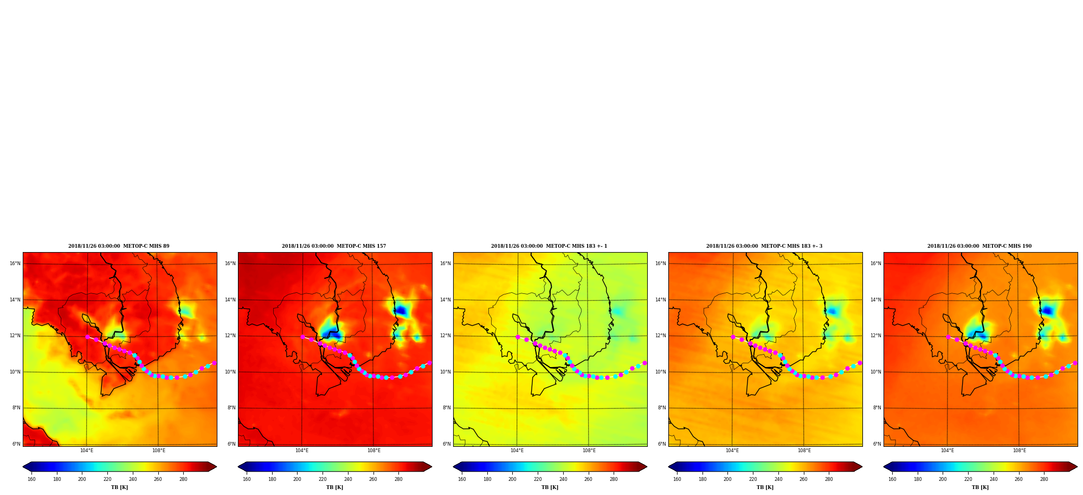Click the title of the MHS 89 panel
pyautogui.click(x=119, y=246)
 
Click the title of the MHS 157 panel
pyautogui.click(x=334, y=246)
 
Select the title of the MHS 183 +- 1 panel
pyautogui.click(x=549, y=246)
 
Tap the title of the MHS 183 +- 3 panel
pyautogui.click(x=764, y=246)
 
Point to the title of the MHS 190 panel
pyautogui.click(x=979, y=246)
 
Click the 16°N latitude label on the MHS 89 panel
pyautogui.click(x=15, y=263)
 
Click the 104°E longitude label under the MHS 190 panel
pyautogui.click(x=947, y=451)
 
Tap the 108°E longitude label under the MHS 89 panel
pyautogui.click(x=158, y=451)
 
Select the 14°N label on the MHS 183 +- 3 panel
pyautogui.click(x=661, y=300)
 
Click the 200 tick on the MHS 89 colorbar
pyautogui.click(x=82, y=479)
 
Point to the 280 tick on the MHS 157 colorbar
pyautogui.click(x=398, y=479)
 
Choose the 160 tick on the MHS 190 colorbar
pyautogui.click(x=892, y=479)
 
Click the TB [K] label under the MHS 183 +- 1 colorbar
pyautogui.click(x=550, y=487)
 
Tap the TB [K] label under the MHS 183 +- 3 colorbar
pyautogui.click(x=765, y=487)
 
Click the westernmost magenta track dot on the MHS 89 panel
pyautogui.click(x=87, y=337)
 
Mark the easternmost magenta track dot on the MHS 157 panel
pyautogui.click(x=429, y=363)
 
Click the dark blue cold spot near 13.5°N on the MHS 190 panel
pyautogui.click(x=1047, y=311)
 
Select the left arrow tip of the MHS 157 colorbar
pyautogui.click(x=238, y=467)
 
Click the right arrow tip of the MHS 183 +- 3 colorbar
pyautogui.click(x=862, y=467)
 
